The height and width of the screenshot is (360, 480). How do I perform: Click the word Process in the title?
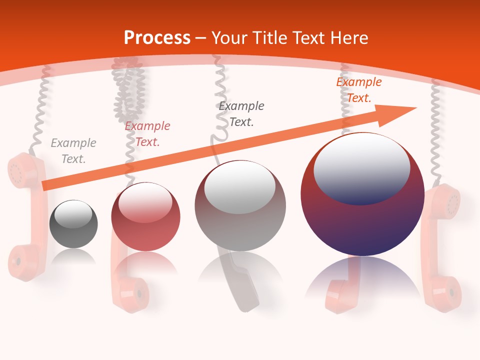157,38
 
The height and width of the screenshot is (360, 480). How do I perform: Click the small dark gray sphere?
73,224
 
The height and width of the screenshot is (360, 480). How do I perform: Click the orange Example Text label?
358,90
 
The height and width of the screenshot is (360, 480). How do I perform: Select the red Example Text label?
147,134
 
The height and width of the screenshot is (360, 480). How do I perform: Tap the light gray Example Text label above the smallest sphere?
73,151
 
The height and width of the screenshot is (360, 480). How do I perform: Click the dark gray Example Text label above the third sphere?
241,113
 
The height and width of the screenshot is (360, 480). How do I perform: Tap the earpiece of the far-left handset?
19,170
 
